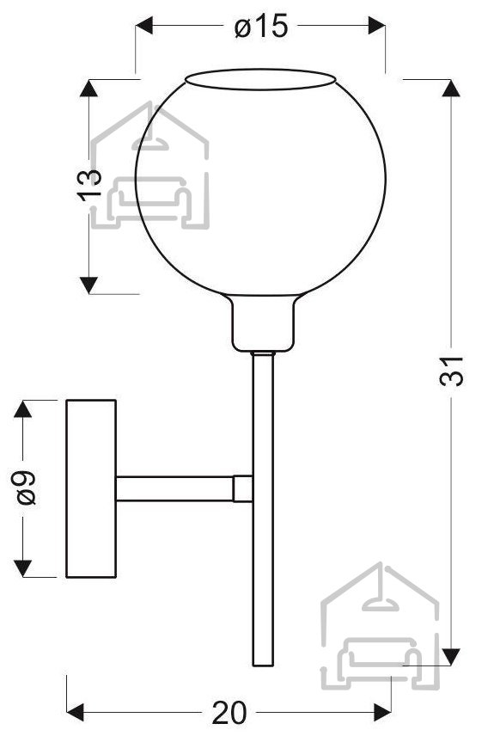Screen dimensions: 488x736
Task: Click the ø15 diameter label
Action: tap(261, 26)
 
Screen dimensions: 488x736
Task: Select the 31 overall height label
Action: tap(451, 371)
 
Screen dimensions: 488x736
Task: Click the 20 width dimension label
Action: tap(229, 712)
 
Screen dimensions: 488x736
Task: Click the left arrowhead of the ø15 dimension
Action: tap(144, 25)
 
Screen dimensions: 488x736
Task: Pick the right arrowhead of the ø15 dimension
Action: tap(377, 25)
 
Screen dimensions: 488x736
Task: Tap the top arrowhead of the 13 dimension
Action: tap(88, 89)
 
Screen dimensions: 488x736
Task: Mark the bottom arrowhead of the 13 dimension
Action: tap(88, 285)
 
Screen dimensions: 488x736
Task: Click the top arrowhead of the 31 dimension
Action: tap(451, 89)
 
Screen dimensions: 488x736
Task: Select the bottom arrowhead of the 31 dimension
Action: tap(451, 656)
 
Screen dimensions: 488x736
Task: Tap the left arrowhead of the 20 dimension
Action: tap(76, 712)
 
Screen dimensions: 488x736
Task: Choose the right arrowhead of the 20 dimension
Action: tap(382, 712)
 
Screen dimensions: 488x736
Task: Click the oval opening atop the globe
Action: tap(261, 79)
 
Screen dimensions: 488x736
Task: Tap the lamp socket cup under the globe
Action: tap(263, 323)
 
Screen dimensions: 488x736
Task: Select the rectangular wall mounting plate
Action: tap(91, 488)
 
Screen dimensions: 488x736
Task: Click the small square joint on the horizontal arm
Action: tap(243, 488)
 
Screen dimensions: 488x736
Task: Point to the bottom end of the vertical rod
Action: tap(263, 665)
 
